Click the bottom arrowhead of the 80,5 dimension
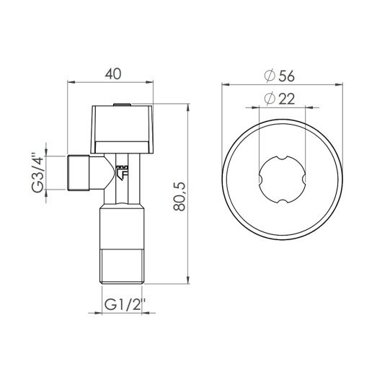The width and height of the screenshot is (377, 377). point(190,283)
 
